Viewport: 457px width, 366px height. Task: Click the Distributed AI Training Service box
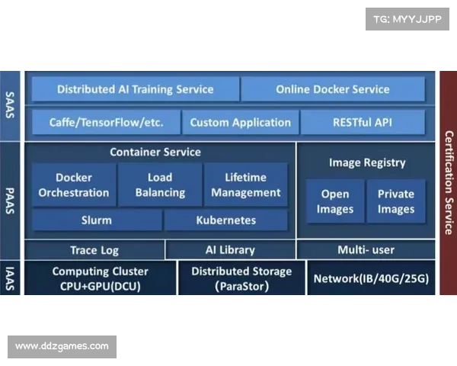[x=136, y=89]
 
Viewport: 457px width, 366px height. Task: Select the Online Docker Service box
[x=333, y=89]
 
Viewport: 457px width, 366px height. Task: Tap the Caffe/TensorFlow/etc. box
[x=105, y=122]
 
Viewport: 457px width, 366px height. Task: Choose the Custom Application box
[x=240, y=122]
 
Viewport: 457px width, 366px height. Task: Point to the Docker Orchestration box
[x=73, y=185]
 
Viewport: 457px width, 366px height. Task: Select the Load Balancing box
[x=160, y=185]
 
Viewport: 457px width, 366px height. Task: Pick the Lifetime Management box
[x=245, y=185]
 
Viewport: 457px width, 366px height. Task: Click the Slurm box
[x=96, y=220]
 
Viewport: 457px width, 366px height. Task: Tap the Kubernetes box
[x=225, y=220]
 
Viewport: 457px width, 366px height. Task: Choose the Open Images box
[x=335, y=201]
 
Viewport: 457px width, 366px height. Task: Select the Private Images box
[x=396, y=201]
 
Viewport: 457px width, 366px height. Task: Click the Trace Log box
[x=94, y=250]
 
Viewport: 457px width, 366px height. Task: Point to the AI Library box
[x=230, y=250]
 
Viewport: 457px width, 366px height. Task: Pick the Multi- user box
[x=366, y=250]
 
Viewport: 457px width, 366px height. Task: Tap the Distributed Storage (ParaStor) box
[x=241, y=278]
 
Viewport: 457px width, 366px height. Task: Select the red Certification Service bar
[x=448, y=182]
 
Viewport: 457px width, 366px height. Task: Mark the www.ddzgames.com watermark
[x=62, y=346]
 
